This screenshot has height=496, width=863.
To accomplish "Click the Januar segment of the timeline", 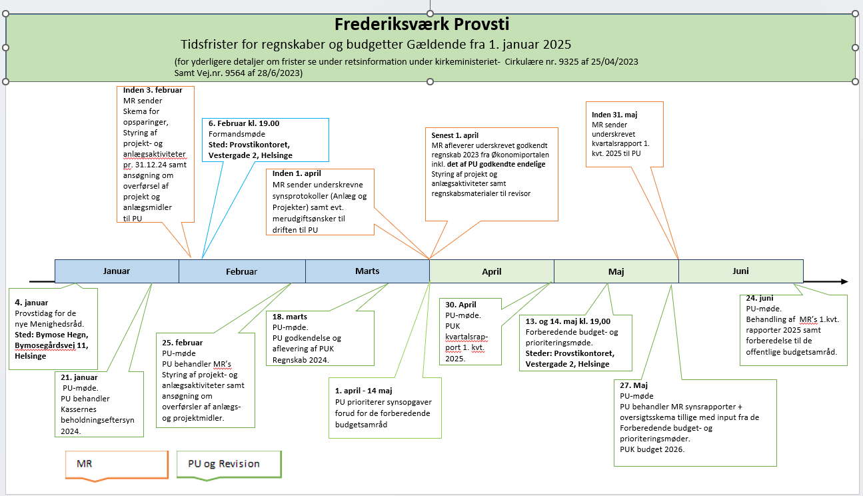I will coord(117,271).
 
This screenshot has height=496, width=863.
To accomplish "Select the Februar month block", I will coord(241,271).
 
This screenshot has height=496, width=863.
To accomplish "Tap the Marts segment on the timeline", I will coord(367,271).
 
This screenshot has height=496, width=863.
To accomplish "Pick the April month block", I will coord(491,271).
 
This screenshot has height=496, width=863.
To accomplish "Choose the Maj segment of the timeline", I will coord(616,271).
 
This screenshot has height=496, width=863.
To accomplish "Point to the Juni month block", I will coord(740,271).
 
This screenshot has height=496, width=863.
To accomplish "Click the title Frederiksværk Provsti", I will coord(422,25).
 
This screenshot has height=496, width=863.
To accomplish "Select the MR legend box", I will coord(117,464).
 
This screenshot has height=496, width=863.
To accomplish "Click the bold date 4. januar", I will coord(31,302).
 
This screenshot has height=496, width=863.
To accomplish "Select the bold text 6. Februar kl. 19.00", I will coord(244,123).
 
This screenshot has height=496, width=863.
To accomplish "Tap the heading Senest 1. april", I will coord(455,135).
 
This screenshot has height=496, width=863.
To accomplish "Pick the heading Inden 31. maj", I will coord(614,114).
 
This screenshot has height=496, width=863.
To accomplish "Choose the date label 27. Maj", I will coord(634,385).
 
